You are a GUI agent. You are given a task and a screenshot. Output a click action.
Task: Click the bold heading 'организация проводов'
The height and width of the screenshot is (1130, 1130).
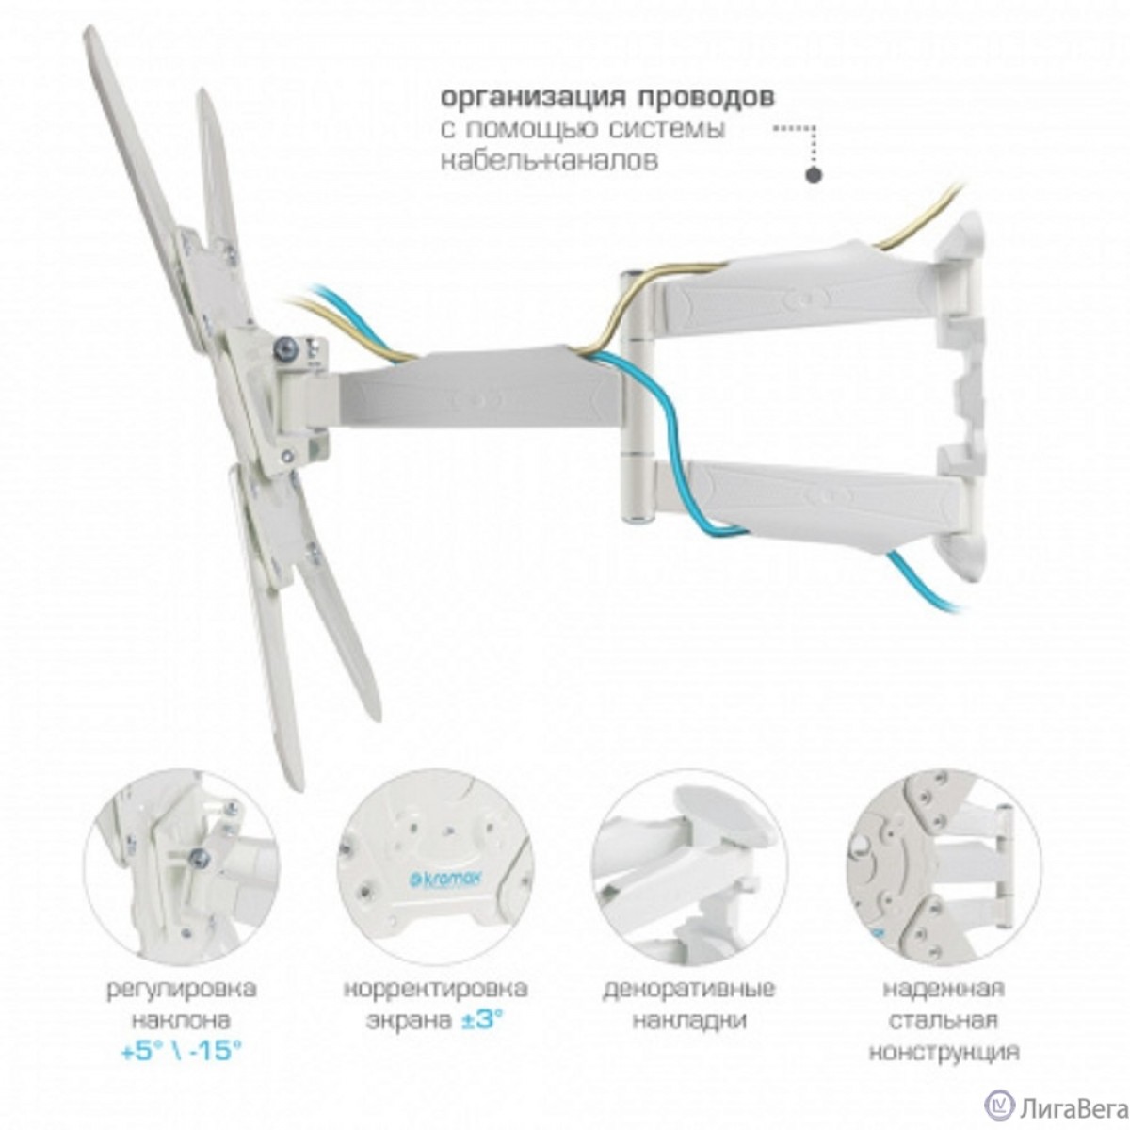(608, 98)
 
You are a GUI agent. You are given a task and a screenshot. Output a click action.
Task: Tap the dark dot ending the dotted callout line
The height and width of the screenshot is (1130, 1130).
(814, 174)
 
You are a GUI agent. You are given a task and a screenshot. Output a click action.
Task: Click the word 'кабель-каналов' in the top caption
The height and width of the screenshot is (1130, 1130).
(549, 160)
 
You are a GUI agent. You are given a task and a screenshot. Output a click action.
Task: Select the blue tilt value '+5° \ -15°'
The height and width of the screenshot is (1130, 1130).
(182, 1050)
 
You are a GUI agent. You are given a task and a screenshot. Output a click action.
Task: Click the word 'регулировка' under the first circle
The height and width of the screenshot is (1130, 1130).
(182, 990)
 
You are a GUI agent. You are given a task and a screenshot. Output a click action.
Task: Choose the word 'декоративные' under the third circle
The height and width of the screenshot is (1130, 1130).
(689, 990)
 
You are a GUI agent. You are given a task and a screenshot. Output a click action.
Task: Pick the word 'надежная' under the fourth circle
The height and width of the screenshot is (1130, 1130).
(944, 990)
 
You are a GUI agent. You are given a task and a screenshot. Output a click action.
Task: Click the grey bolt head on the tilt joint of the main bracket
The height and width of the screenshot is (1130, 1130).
(283, 350)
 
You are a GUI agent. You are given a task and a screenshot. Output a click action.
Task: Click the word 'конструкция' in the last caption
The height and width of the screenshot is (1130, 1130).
(944, 1051)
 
